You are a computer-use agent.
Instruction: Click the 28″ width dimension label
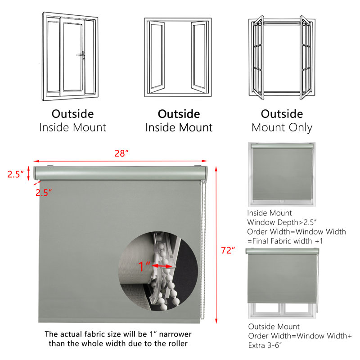(x=121, y=153)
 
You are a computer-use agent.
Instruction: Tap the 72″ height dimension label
(x=228, y=250)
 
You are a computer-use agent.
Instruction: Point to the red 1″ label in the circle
(x=144, y=266)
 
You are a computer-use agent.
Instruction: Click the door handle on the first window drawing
(x=81, y=55)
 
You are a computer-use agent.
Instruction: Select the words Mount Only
(x=282, y=128)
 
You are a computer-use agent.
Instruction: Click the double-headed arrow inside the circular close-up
(x=162, y=266)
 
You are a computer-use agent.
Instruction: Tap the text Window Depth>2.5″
(x=282, y=222)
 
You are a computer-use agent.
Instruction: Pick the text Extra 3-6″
(x=265, y=345)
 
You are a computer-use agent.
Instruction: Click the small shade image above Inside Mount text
(x=282, y=174)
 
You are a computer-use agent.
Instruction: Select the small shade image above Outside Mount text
(x=283, y=283)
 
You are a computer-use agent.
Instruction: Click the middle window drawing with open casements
(x=178, y=58)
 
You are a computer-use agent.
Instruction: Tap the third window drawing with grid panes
(x=282, y=58)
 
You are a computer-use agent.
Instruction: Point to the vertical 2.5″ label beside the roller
(x=15, y=174)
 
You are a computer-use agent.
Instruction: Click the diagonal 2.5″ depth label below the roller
(x=44, y=193)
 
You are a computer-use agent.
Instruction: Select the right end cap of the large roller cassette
(x=205, y=173)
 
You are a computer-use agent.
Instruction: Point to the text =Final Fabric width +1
(x=285, y=241)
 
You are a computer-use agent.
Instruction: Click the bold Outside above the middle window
(x=179, y=114)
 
